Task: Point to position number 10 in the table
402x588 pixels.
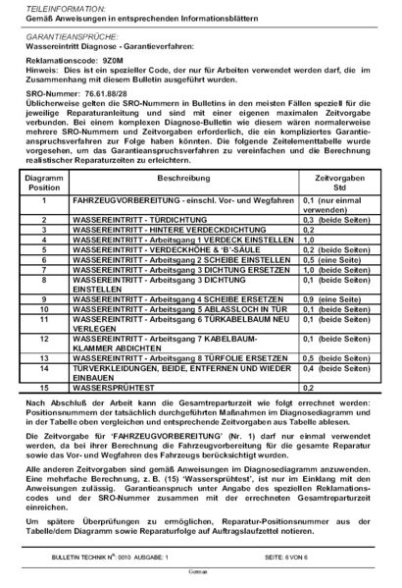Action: click(x=43, y=319)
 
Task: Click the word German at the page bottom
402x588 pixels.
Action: click(x=201, y=579)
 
